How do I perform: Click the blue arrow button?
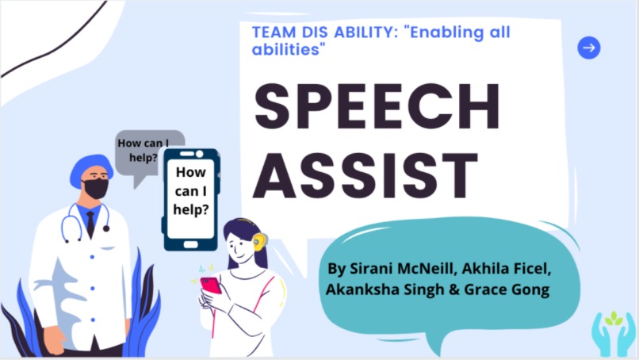click(588, 48)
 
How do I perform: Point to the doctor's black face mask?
click(96, 189)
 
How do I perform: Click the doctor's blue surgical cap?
click(90, 168)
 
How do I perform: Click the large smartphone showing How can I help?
click(192, 198)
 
